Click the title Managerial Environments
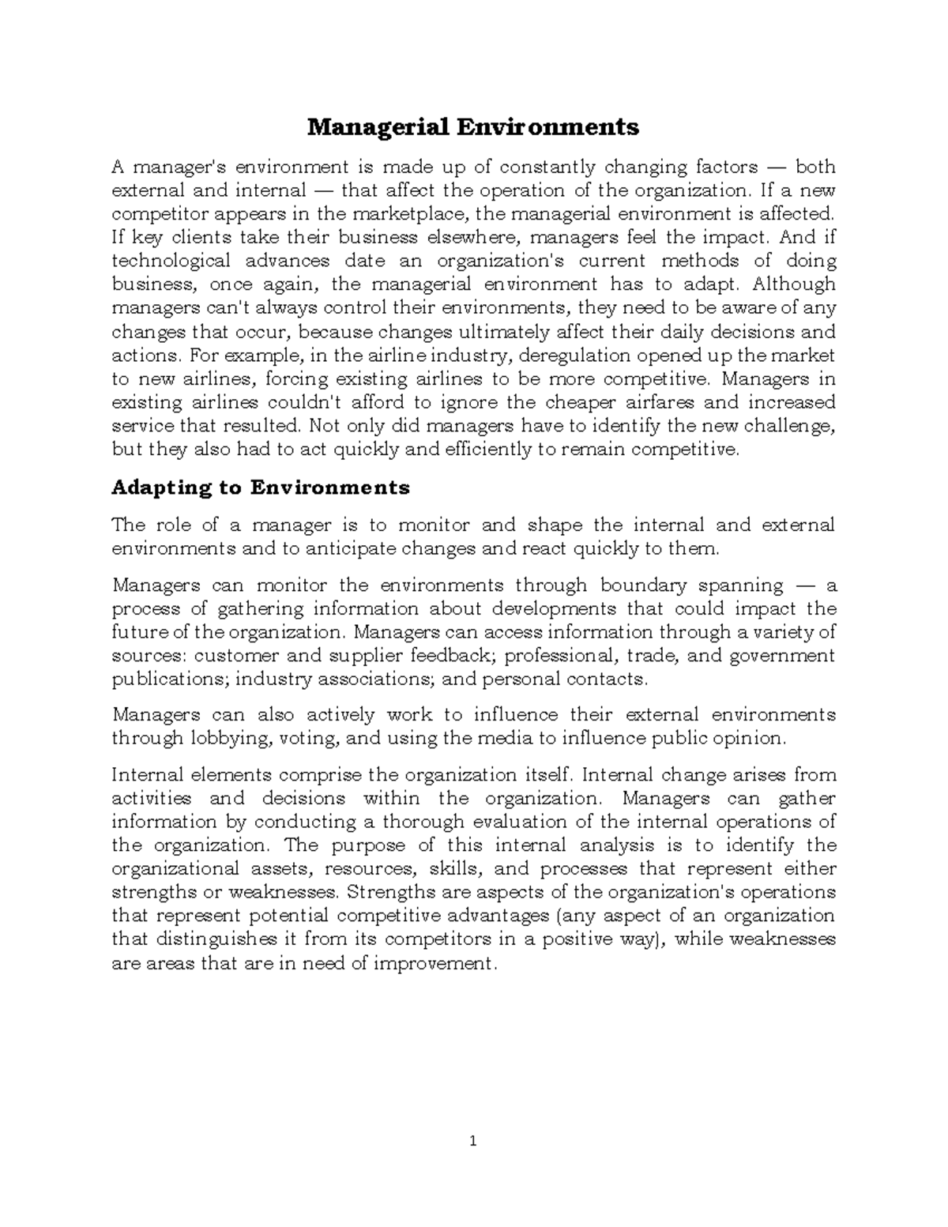[x=472, y=126]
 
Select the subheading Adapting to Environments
[x=261, y=487]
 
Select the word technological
[x=171, y=261]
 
